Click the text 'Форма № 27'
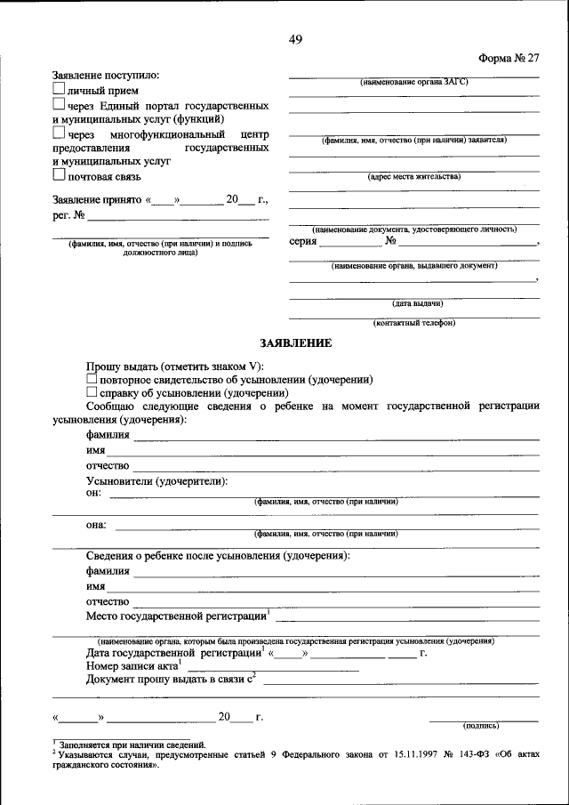[x=509, y=59]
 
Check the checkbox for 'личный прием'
[x=58, y=90]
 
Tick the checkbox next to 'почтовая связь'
[x=58, y=176]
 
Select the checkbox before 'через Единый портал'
[x=58, y=105]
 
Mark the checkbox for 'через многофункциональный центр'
[x=58, y=133]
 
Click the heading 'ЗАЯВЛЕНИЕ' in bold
[x=295, y=342]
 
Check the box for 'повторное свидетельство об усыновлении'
[x=92, y=379]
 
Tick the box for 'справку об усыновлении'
[x=92, y=392]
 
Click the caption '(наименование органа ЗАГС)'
[x=413, y=82]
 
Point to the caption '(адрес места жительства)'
[x=413, y=177]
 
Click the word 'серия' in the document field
[x=303, y=241]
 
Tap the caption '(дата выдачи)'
[x=413, y=303]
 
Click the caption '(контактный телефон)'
[x=413, y=323]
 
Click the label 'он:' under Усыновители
[x=93, y=492]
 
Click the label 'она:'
[x=96, y=525]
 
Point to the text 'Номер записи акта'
[x=131, y=665]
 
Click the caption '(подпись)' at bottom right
[x=485, y=725]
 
